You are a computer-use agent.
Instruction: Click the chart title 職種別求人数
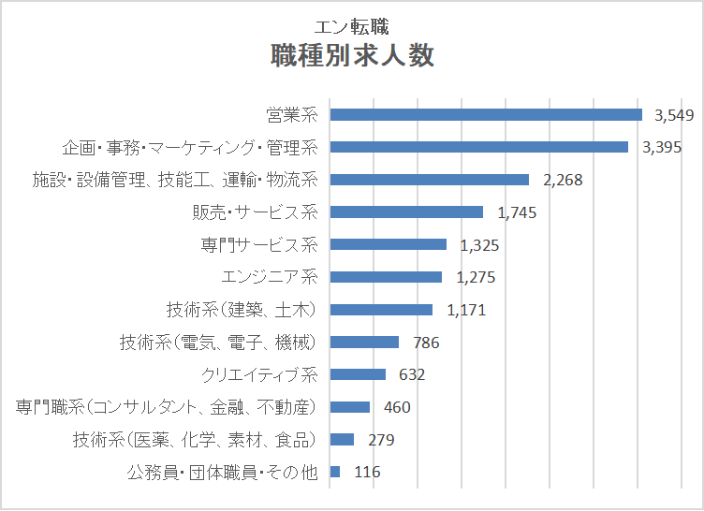(x=352, y=56)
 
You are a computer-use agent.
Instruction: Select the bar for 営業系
(x=486, y=114)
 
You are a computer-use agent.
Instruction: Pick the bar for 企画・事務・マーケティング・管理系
(x=479, y=147)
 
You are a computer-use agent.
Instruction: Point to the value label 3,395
(x=661, y=147)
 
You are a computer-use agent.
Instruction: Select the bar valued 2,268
(x=430, y=180)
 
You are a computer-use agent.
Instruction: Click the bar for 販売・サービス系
(x=406, y=212)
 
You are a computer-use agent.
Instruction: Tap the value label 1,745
(x=518, y=212)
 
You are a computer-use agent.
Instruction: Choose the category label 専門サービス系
(x=259, y=245)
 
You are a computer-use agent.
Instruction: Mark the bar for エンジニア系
(x=386, y=277)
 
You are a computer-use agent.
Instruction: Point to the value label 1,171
(x=467, y=310)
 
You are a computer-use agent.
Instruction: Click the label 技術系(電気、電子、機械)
(x=219, y=343)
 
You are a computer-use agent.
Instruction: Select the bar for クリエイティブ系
(x=358, y=374)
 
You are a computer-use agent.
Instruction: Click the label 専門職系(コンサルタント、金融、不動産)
(x=168, y=407)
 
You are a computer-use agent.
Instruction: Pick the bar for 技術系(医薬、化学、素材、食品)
(x=342, y=440)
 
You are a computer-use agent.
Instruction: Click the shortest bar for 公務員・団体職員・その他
(x=335, y=472)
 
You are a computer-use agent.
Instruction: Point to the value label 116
(x=367, y=473)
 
